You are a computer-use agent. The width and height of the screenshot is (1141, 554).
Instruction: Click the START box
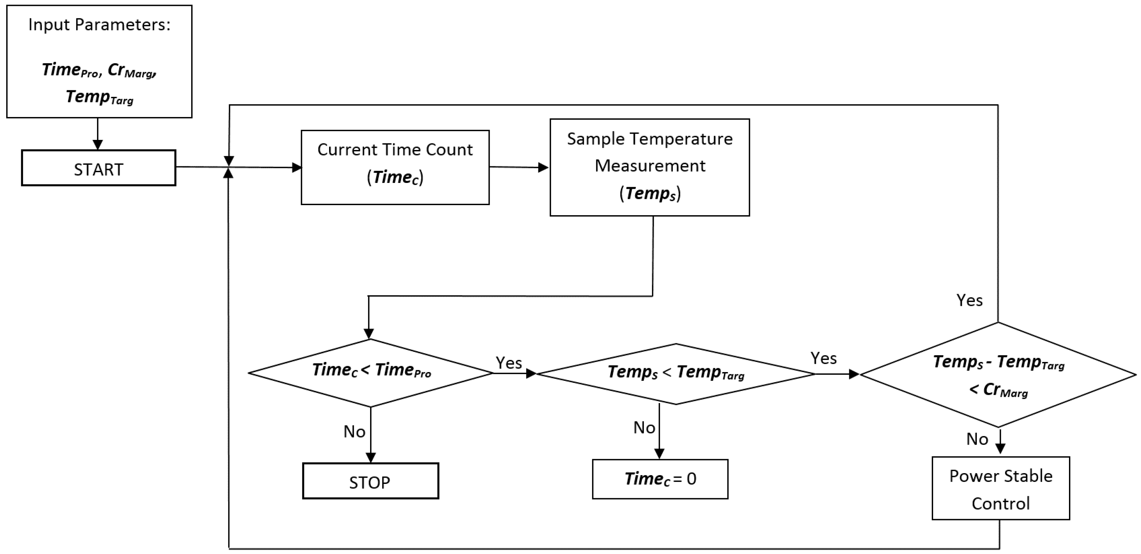(x=98, y=168)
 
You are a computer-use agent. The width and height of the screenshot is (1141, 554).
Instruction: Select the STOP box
(x=370, y=481)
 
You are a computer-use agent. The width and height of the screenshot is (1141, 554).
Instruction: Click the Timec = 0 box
(x=660, y=479)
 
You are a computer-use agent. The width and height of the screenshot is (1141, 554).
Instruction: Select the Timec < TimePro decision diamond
(x=370, y=373)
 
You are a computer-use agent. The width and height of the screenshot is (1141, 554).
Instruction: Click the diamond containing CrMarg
(x=998, y=375)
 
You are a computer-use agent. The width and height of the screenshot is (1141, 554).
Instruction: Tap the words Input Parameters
(x=99, y=25)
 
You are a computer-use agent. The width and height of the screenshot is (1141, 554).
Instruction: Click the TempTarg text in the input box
(x=99, y=97)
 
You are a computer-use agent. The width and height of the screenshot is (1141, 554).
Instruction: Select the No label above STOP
(x=354, y=432)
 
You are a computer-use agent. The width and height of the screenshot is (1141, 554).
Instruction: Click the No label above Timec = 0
(x=644, y=428)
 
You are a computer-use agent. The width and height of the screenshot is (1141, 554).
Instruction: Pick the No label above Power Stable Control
(x=977, y=439)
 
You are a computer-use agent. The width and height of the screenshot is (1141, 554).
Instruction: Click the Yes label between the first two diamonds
(x=509, y=363)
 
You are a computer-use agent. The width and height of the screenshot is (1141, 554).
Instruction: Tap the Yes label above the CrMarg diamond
(x=969, y=301)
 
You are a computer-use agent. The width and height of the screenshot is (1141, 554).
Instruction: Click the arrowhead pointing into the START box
(x=97, y=145)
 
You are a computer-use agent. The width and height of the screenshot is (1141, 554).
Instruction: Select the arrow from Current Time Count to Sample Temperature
(x=518, y=167)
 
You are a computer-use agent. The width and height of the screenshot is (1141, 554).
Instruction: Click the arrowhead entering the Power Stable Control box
(x=1001, y=449)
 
